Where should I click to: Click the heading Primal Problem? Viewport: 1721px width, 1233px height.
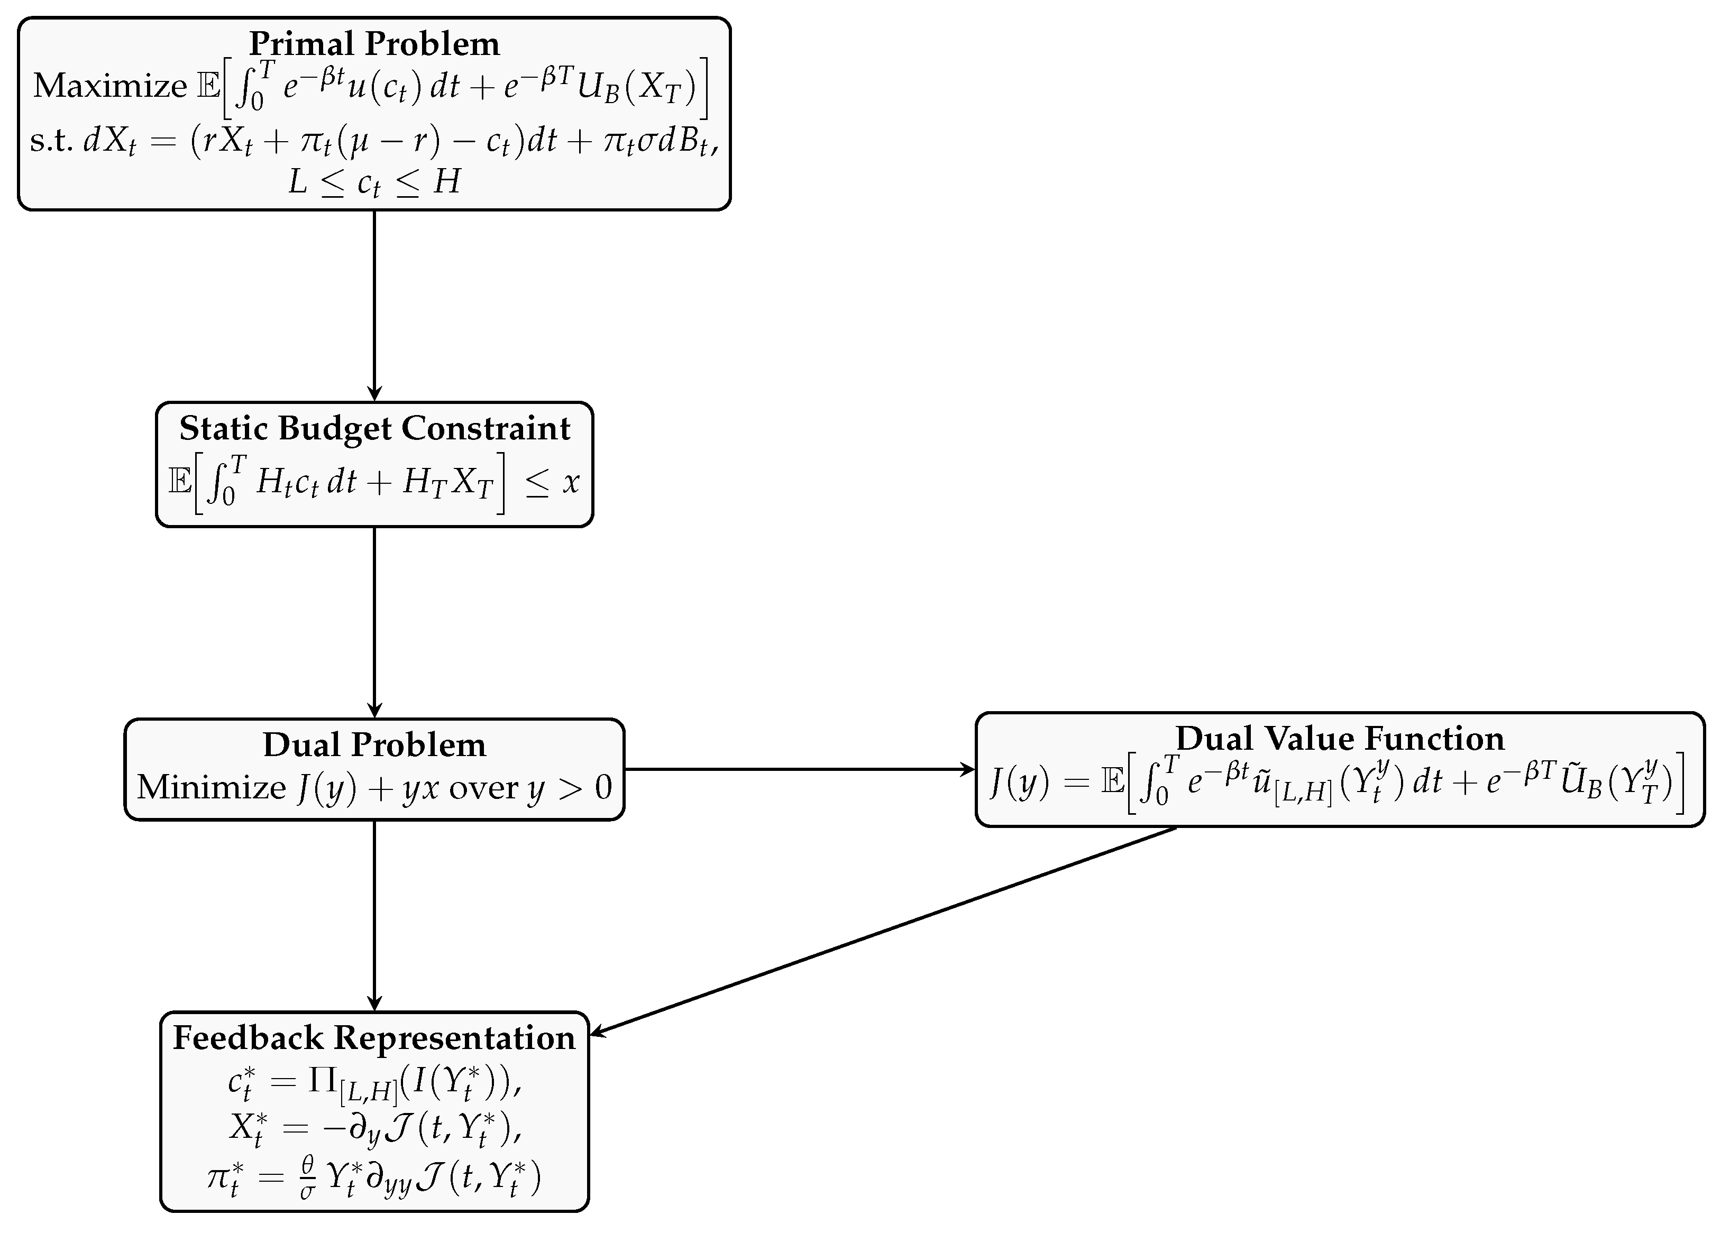click(x=374, y=44)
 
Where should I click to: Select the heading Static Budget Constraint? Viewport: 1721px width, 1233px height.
click(x=374, y=429)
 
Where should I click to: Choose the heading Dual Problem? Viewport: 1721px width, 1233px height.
click(x=374, y=745)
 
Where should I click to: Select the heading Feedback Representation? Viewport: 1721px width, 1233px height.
click(x=374, y=1038)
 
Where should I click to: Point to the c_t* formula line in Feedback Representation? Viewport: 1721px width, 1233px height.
click(x=374, y=1083)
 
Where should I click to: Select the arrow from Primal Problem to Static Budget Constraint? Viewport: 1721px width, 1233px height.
click(x=374, y=303)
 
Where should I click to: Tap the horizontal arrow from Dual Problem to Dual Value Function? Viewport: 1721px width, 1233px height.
click(x=797, y=769)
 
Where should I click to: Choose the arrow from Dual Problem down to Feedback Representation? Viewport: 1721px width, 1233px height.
click(x=374, y=914)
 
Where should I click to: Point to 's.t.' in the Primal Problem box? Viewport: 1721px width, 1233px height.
click(x=51, y=141)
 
